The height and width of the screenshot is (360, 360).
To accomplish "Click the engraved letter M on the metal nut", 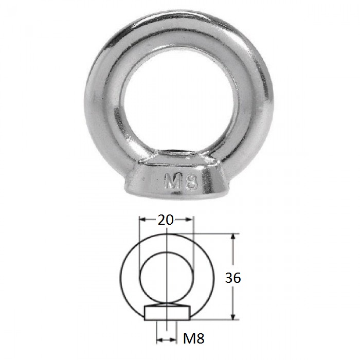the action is tap(172, 181).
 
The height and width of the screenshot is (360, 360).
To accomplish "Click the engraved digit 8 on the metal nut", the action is tap(191, 182).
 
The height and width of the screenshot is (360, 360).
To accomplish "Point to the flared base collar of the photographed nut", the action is tap(177, 179).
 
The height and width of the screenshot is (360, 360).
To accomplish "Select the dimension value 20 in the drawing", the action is tap(166, 220).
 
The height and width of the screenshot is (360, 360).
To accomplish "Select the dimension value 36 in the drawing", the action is tap(233, 278).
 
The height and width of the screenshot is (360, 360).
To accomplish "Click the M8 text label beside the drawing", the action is tap(193, 338).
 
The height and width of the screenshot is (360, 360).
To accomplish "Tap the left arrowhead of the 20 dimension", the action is tap(142, 220).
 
